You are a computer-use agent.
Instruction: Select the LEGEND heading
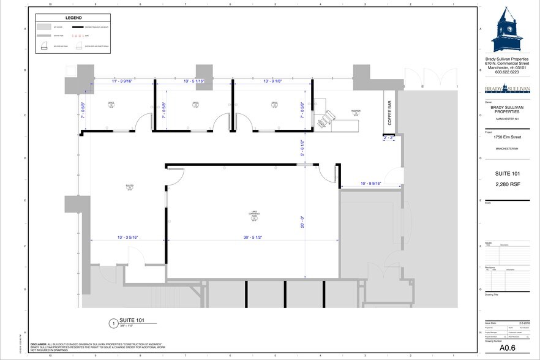74,18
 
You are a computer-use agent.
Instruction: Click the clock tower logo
508,30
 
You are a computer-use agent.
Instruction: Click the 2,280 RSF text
508,184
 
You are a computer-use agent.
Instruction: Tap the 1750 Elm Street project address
508,138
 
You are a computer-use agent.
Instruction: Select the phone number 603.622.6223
508,72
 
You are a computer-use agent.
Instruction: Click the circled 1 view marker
112,323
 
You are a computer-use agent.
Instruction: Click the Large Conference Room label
253,216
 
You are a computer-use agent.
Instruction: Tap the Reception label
356,112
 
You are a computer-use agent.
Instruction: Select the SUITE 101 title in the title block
508,174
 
